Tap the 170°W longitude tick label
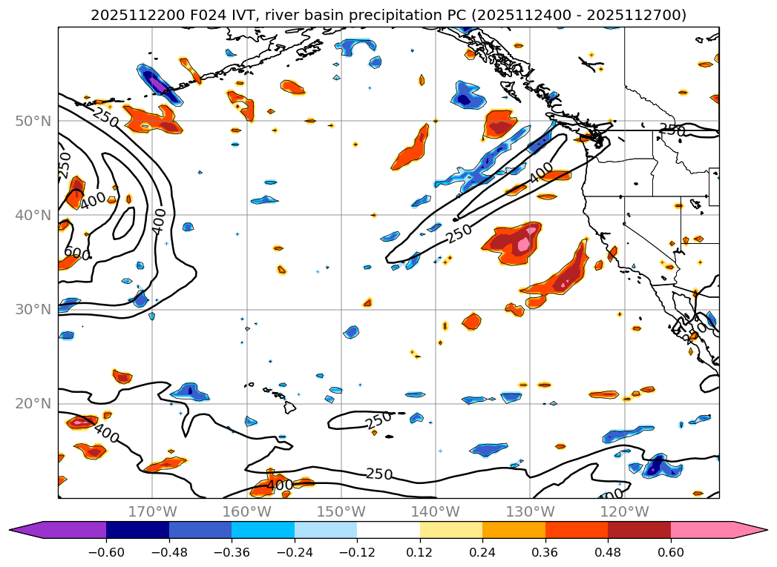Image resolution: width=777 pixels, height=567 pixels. click(x=152, y=512)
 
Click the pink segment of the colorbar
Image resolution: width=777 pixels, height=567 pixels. click(x=701, y=529)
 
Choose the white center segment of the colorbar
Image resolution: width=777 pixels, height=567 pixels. click(x=388, y=529)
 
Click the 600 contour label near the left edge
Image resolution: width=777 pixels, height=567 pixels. click(x=73, y=253)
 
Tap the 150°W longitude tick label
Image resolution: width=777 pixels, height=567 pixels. click(x=341, y=512)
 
